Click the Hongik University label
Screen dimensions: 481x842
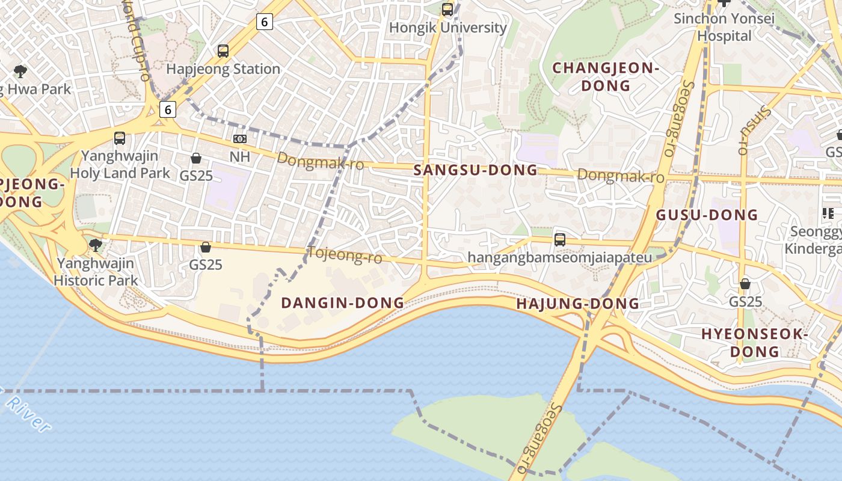[448, 28]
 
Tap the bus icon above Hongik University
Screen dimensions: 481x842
[447, 9]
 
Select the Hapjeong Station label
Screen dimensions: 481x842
[223, 69]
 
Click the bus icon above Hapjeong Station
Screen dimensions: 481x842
[223, 51]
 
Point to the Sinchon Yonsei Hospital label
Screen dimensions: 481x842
[724, 27]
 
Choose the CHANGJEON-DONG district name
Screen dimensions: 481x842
[606, 76]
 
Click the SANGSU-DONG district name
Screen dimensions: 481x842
[476, 170]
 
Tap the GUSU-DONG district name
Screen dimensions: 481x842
[707, 215]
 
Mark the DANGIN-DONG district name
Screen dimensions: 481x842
[343, 303]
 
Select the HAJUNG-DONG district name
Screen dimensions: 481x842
[577, 304]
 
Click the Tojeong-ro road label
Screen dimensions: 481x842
[345, 256]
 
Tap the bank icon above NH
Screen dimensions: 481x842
[239, 139]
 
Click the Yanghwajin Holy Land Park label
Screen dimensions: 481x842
[120, 164]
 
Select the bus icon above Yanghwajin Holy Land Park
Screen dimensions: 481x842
[120, 138]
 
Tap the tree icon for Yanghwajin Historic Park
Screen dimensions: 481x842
[95, 245]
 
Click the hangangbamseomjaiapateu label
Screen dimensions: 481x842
[559, 258]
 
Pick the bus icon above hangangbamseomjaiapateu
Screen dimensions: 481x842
[560, 239]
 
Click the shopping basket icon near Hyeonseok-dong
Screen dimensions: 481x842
[745, 283]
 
